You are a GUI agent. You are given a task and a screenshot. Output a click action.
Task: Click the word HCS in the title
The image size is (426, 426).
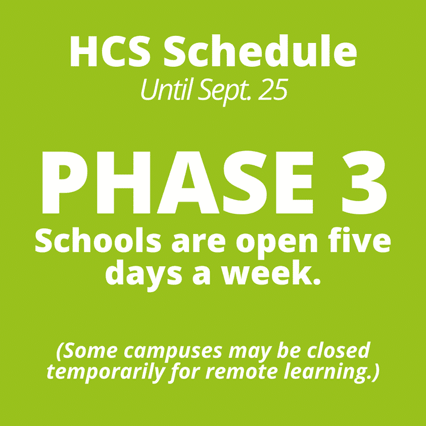pyautogui.click(x=110, y=51)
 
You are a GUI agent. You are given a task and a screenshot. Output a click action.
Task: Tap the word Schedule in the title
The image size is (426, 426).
pyautogui.click(x=260, y=51)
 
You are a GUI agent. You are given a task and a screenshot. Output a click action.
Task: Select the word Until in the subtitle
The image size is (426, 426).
pyautogui.click(x=166, y=89)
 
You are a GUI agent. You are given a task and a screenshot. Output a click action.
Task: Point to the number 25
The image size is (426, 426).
pyautogui.click(x=272, y=90)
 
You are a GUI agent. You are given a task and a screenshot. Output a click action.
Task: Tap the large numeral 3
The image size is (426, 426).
pyautogui.click(x=364, y=182)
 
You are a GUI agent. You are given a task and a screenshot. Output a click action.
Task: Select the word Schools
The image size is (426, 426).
pyautogui.click(x=98, y=240)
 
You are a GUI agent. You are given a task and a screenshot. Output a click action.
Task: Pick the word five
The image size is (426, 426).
pyautogui.click(x=359, y=240)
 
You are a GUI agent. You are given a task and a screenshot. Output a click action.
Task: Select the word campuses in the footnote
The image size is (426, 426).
pyautogui.click(x=173, y=352)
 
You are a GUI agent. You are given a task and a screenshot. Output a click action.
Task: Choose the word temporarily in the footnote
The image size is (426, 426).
pyautogui.click(x=106, y=373)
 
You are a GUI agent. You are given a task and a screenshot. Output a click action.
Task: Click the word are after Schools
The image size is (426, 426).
pyautogui.click(x=198, y=244)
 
